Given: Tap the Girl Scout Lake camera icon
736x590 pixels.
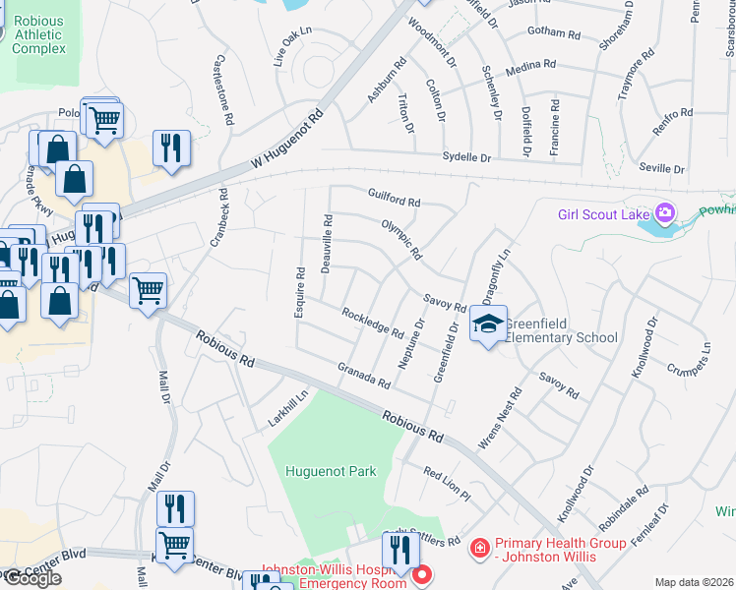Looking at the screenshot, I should click(666, 212).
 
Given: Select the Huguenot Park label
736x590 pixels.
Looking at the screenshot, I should click(331, 471).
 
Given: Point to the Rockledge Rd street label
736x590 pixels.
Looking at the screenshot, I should click(373, 323).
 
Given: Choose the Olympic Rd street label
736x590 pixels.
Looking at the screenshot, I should click(401, 239).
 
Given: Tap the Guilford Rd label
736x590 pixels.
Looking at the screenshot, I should click(394, 197).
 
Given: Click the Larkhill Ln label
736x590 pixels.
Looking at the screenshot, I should click(288, 409).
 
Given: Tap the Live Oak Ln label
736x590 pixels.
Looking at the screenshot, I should click(292, 45).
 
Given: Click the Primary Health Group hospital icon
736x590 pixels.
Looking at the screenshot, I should click(480, 545).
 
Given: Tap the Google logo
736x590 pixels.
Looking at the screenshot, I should click(32, 578).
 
